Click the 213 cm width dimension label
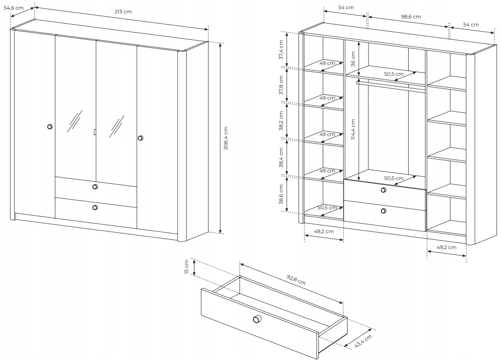point(123,12)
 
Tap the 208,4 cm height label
point(226,138)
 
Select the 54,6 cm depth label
point(13,8)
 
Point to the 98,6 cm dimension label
point(411,17)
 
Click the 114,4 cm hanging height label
point(353,130)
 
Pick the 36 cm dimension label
point(353,59)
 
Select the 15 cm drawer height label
point(187,267)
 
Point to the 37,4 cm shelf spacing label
point(281,49)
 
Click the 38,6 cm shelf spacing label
point(281,194)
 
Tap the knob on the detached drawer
point(256,319)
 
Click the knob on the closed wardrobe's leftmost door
point(50,127)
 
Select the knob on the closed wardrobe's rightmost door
point(140,138)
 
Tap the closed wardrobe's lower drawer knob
point(95,208)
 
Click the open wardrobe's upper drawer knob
point(384,190)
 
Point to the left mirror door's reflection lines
point(75,121)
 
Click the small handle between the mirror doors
point(95,132)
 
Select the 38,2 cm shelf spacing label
point(281,121)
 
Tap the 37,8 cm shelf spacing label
point(281,85)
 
